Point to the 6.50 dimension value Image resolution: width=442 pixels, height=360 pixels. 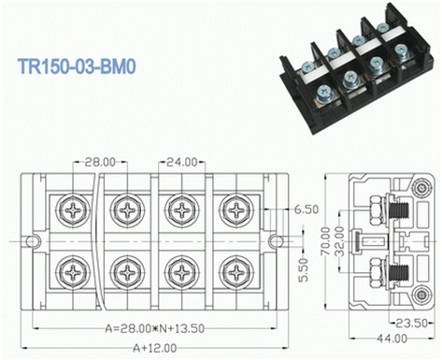click(307, 210)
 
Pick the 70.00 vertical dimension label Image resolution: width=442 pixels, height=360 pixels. click(326, 242)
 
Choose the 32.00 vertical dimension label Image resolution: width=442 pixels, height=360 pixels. click(338, 242)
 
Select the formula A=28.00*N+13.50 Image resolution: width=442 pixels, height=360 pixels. click(154, 329)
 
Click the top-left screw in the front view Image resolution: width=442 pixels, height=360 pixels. click(72, 209)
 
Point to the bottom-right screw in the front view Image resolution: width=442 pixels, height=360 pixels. click(236, 273)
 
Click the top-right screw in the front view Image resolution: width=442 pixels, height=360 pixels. click(236, 209)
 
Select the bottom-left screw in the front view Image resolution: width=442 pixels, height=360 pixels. click(72, 273)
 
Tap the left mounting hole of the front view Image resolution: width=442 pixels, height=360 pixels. click(33, 241)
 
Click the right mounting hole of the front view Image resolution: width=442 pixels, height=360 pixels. click(275, 241)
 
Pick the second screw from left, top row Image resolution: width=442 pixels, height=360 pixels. click(126, 209)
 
